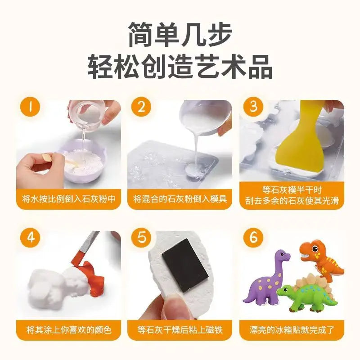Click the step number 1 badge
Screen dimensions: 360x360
[30, 108]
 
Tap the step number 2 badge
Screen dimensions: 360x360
[141, 108]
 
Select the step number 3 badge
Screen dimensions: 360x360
[253, 108]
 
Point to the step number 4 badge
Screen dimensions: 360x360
[30, 238]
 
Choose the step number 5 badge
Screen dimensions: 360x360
[141, 238]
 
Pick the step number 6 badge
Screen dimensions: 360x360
[253, 238]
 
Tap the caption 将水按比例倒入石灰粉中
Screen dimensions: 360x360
[69, 198]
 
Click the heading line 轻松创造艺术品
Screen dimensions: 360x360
[180, 67]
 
